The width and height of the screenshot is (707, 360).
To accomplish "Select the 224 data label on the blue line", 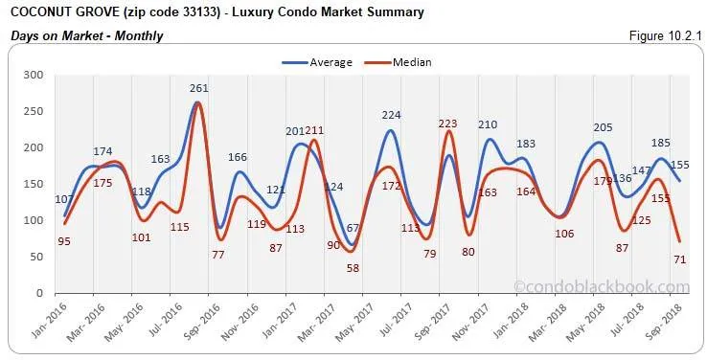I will (x=391, y=115).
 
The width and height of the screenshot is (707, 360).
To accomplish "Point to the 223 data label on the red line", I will (x=447, y=124).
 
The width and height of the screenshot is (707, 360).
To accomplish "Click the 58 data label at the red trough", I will (x=353, y=268).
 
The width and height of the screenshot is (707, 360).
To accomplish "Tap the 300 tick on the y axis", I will (x=35, y=75).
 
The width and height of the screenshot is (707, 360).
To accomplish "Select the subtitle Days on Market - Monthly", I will (x=86, y=35).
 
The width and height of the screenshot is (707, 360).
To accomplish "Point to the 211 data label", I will (x=313, y=130).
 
